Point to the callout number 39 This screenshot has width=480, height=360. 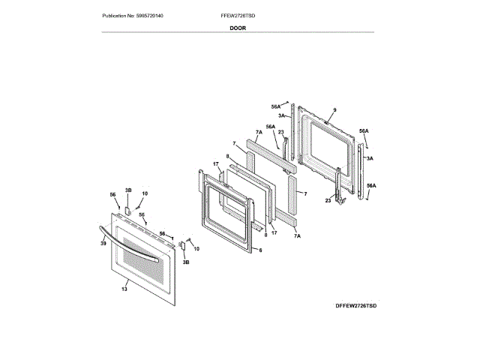(103, 244)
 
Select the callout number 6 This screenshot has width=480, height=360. (260, 250)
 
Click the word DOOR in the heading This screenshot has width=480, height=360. (237, 27)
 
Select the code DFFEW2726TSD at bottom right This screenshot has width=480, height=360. (355, 307)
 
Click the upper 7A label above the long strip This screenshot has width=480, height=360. (259, 132)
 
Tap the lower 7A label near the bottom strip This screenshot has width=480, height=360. (297, 236)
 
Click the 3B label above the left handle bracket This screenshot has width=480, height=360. (128, 190)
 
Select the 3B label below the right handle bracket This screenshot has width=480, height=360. (186, 262)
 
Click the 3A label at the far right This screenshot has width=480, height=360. (370, 159)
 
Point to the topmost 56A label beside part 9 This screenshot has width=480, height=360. (275, 106)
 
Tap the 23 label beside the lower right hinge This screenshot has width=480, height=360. (328, 200)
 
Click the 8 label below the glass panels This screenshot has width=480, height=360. (265, 235)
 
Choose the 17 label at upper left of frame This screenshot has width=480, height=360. (214, 164)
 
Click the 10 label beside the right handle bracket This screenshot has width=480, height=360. (196, 248)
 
